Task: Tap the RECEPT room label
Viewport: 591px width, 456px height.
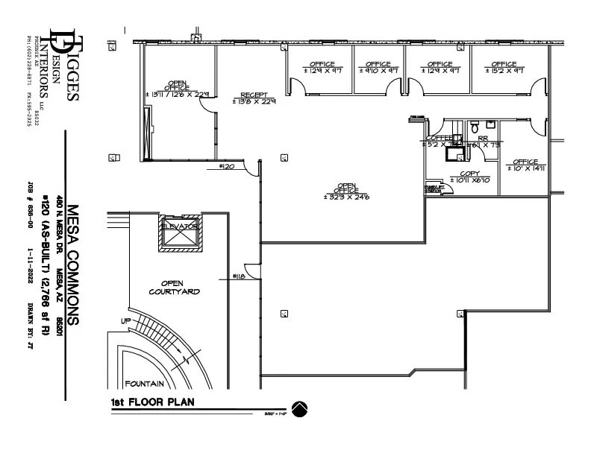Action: (253, 98)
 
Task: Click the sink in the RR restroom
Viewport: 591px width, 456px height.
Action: (490, 123)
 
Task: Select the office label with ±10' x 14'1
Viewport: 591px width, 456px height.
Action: (525, 165)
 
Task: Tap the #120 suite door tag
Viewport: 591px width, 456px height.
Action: (228, 168)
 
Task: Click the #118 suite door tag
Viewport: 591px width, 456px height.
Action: (239, 276)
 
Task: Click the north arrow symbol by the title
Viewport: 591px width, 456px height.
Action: (299, 409)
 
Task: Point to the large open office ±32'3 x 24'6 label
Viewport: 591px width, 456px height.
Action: (347, 192)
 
